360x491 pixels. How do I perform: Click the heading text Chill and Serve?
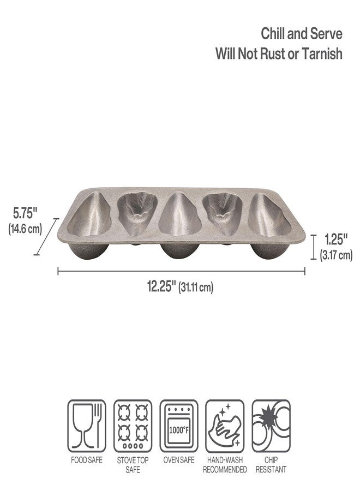click(302, 34)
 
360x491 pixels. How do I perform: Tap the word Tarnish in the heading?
click(322, 54)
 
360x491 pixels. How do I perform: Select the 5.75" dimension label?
click(25, 214)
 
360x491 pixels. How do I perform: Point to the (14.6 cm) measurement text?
click(25, 229)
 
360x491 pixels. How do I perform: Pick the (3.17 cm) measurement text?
click(336, 255)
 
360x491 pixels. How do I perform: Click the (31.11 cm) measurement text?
click(196, 287)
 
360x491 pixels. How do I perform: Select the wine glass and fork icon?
click(87, 426)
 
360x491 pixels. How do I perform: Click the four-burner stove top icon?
click(133, 426)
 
